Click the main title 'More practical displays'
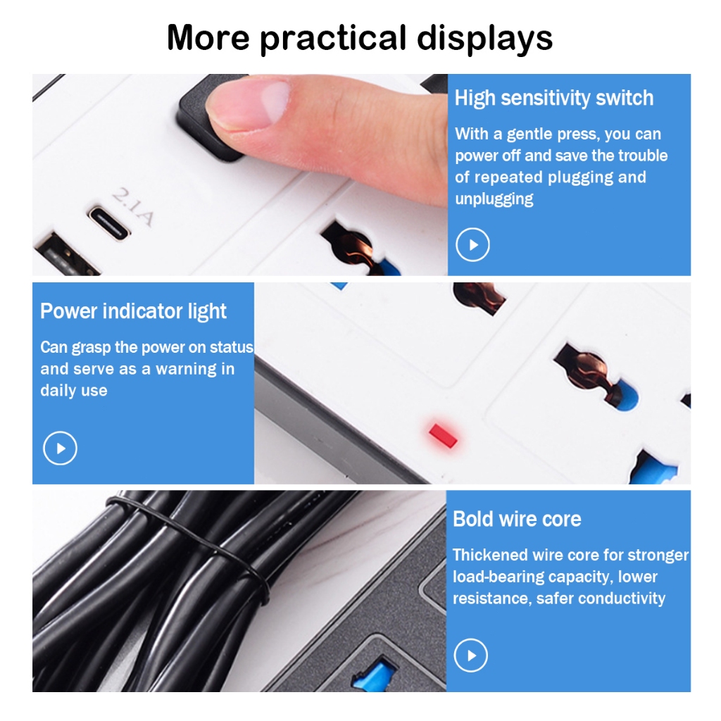tap(360, 38)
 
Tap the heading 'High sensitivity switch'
tap(553, 98)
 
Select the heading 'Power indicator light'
tap(133, 311)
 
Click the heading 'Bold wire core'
tap(517, 519)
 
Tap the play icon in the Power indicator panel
tap(61, 448)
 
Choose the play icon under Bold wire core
tap(471, 656)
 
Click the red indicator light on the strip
tap(443, 435)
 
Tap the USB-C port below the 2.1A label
tap(109, 223)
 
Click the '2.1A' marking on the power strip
tap(132, 207)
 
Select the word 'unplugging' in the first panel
tap(494, 199)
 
